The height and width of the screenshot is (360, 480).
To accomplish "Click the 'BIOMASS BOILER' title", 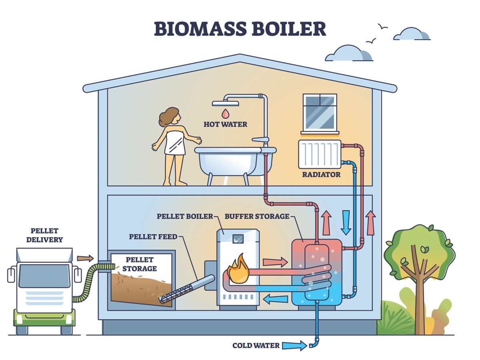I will (x=240, y=29).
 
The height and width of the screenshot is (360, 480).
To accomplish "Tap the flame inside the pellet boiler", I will (x=238, y=269).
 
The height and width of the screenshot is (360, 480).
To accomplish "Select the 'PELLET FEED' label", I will (x=153, y=237).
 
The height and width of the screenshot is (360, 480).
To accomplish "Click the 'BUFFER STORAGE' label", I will (x=257, y=216).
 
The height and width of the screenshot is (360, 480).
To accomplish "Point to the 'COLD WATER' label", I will (x=256, y=345).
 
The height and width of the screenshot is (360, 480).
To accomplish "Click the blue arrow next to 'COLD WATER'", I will (x=294, y=345).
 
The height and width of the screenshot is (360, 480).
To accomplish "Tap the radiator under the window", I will (x=319, y=154).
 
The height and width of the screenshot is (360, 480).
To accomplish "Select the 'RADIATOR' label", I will (x=322, y=174).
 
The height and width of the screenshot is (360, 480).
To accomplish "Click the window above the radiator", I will (x=320, y=112).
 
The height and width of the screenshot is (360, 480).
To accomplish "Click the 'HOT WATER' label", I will (x=225, y=124).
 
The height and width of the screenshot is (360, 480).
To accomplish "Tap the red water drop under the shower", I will (x=226, y=113).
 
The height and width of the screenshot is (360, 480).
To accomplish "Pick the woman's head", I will (x=170, y=116).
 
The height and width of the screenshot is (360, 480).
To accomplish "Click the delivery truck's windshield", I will (x=44, y=276).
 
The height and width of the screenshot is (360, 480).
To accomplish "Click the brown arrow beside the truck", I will (x=85, y=258).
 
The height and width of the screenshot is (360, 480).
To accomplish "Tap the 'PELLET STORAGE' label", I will (x=140, y=264).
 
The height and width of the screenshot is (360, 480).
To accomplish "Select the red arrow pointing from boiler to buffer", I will (x=275, y=262).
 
